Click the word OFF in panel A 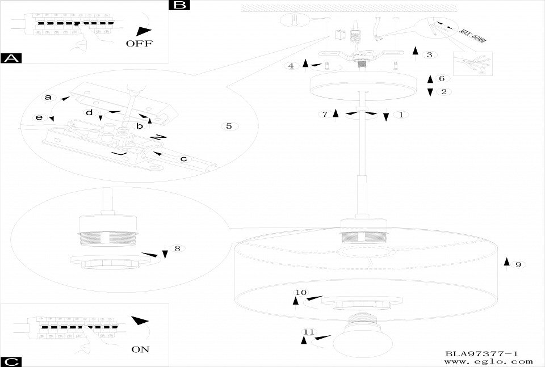tap(140, 44)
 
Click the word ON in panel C tap(140, 349)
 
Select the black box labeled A tap(11, 58)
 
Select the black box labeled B tap(180, 6)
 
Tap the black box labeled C tap(11, 361)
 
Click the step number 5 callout tap(229, 126)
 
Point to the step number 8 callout tap(178, 248)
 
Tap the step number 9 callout tap(517, 265)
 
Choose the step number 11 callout tap(308, 332)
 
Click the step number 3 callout tap(429, 55)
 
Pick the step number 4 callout tap(291, 66)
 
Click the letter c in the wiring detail tap(183, 159)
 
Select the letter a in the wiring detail tap(48, 98)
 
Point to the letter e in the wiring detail tap(39, 117)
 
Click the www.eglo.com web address tap(489, 361)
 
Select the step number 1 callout tap(401, 115)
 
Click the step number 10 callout tap(301, 293)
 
